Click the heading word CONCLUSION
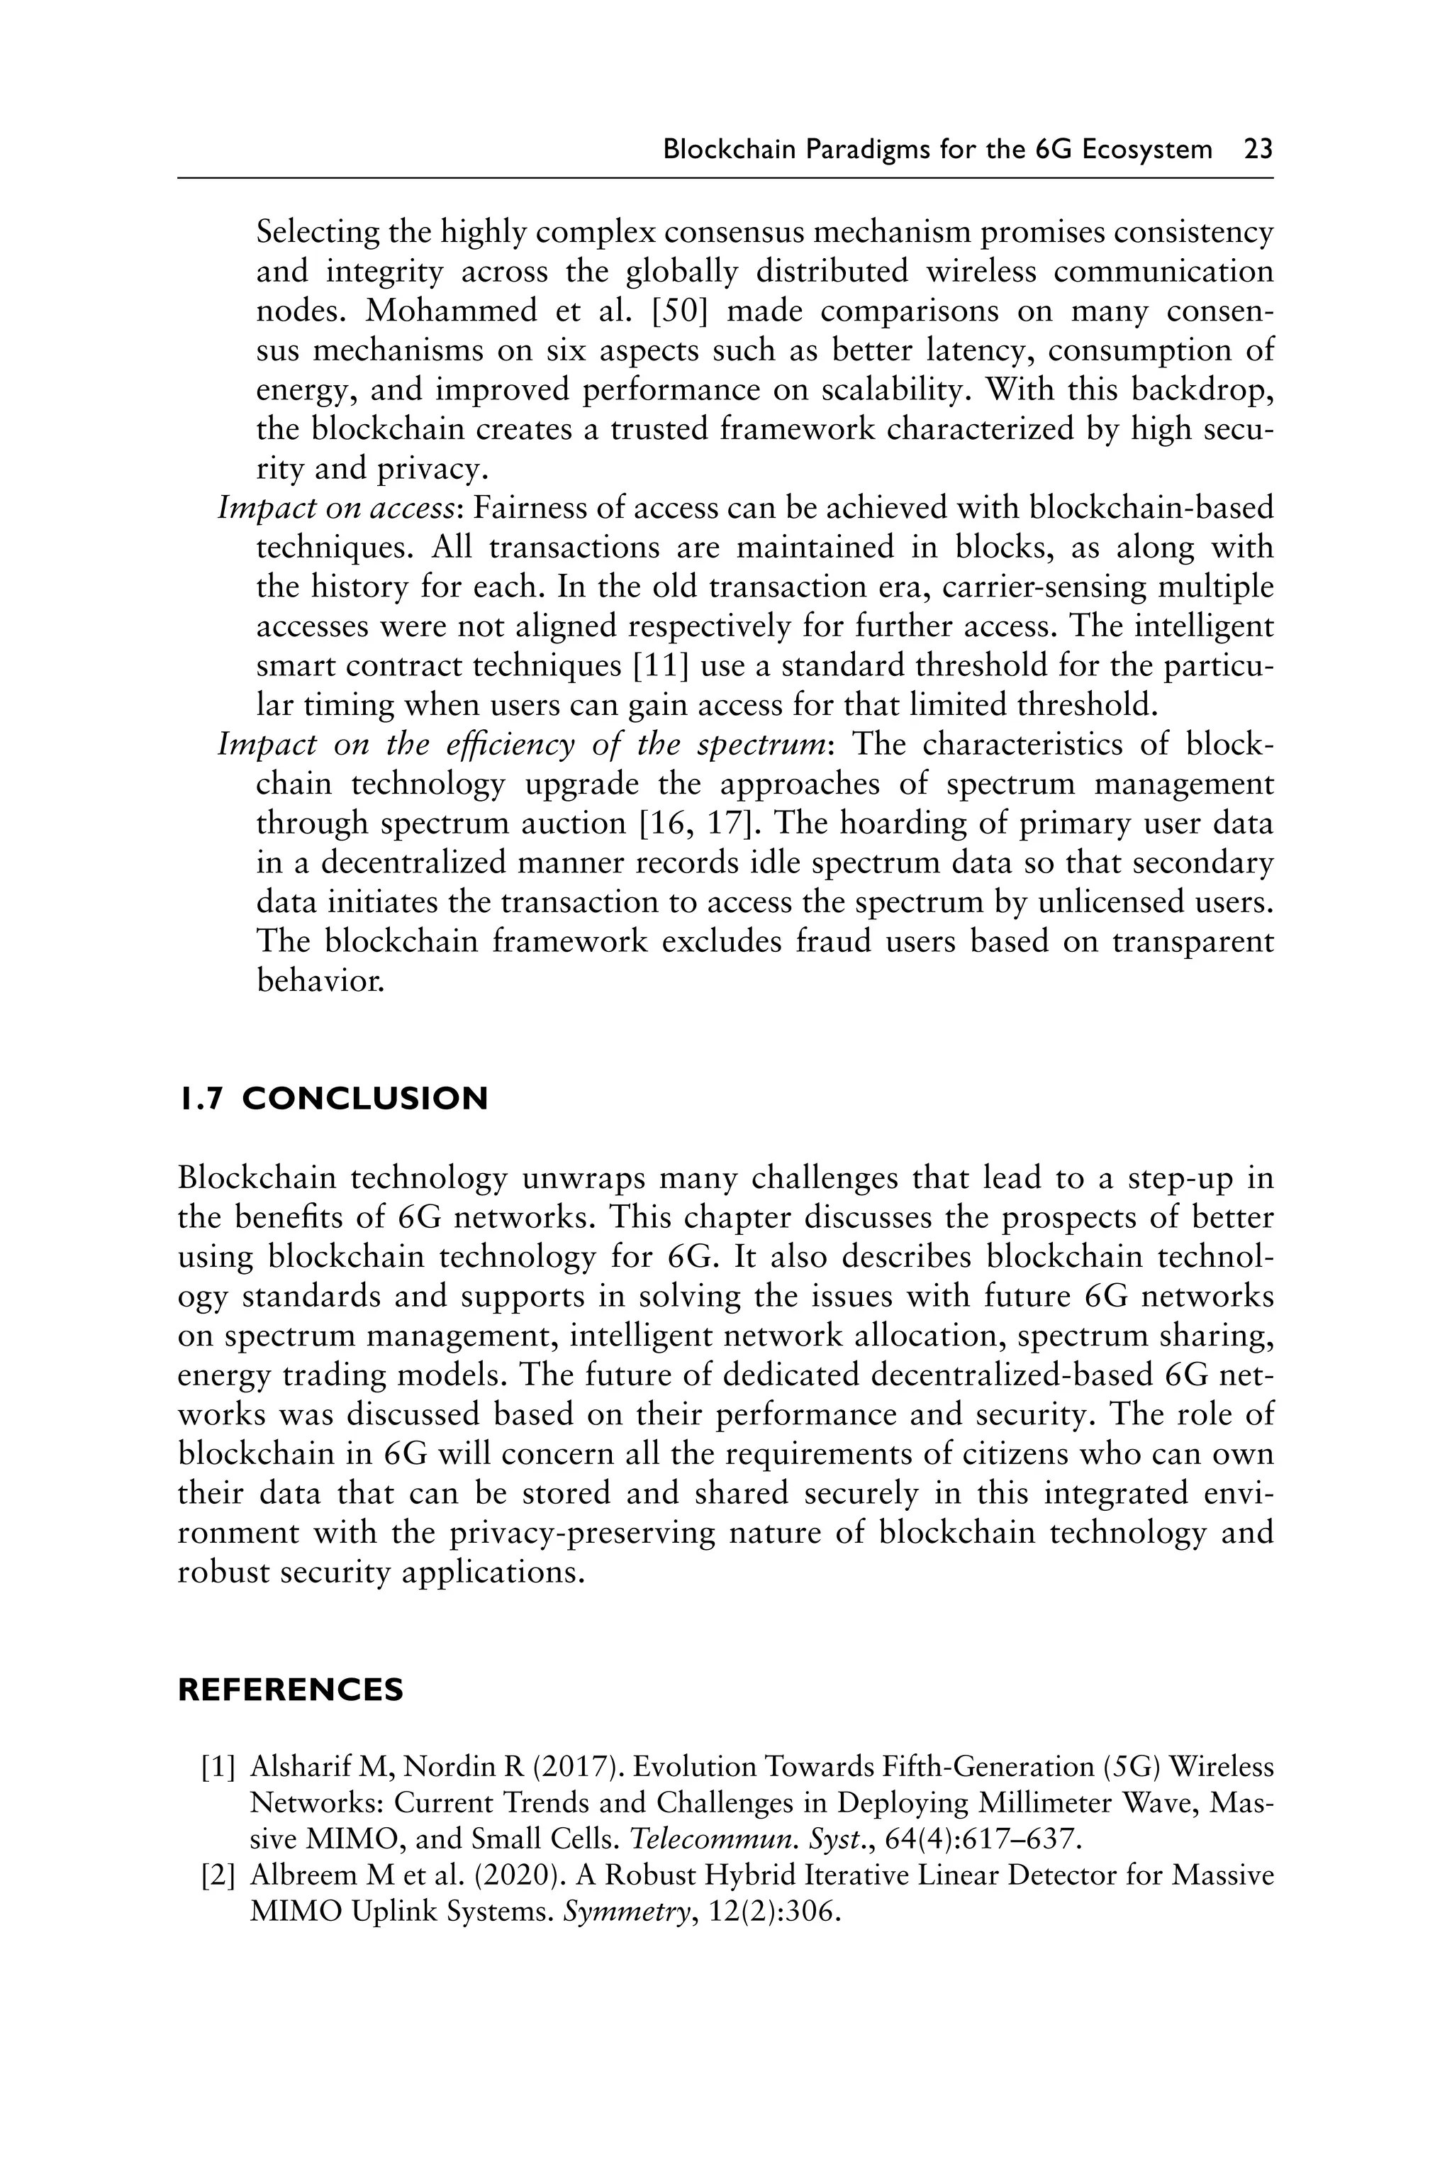[x=365, y=1099]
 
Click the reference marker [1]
[x=218, y=1768]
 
